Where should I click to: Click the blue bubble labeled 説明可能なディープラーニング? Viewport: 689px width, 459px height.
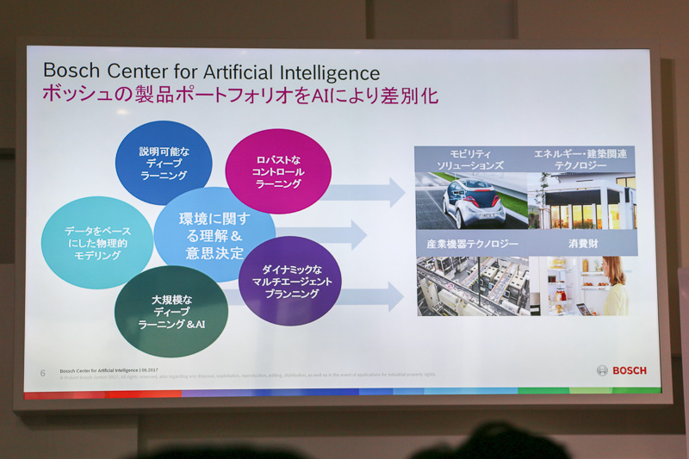pos(163,163)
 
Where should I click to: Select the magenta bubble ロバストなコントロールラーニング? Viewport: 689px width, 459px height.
pos(278,171)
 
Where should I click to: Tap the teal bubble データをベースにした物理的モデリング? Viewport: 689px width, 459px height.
pos(97,243)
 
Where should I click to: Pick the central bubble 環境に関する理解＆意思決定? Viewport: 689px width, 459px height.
pos(214,235)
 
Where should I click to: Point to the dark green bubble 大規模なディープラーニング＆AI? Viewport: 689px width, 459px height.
pos(171,312)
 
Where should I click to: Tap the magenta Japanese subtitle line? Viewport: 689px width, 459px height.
pos(240,95)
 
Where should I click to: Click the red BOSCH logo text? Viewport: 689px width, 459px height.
pos(630,370)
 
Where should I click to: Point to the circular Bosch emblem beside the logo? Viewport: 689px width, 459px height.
pos(602,370)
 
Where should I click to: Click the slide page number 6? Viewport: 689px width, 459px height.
pos(42,373)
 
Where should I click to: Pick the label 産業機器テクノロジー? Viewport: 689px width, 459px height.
pos(470,244)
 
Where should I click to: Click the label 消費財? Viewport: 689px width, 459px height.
pos(581,244)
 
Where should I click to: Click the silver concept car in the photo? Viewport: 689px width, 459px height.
pos(473,203)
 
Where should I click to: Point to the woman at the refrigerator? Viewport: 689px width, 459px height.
pos(615,286)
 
